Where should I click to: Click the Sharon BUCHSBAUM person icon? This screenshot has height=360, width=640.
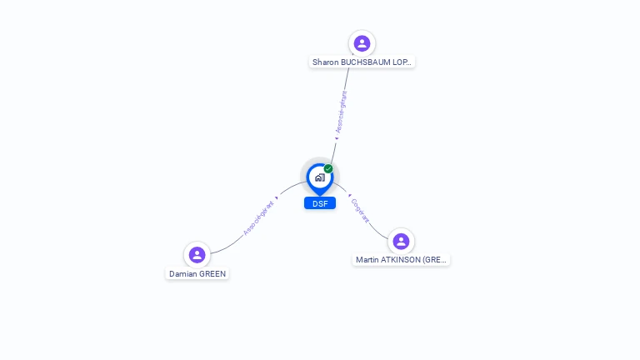coord(362,42)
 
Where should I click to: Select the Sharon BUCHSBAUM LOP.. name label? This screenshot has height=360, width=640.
coord(362,62)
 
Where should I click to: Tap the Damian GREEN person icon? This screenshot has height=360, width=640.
coord(197,254)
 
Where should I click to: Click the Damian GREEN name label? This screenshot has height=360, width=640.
coord(197,273)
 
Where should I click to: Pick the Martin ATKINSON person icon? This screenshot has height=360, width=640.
coord(401,241)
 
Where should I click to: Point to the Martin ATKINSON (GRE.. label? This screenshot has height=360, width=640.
coord(402,260)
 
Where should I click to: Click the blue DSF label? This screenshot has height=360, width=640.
coord(320,203)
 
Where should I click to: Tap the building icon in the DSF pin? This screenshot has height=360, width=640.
coord(319,177)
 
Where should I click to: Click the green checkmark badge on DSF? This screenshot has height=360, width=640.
coord(328,168)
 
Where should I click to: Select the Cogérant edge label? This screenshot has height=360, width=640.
coord(360,210)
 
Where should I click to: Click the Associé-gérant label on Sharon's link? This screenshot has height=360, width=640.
coord(341,112)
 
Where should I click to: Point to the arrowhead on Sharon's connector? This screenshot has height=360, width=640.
coord(336,139)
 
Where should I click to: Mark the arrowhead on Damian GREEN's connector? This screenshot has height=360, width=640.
coord(276,198)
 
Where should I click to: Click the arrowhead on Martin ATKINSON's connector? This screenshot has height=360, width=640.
coord(348,195)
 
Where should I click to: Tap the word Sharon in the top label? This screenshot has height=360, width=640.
coord(325,62)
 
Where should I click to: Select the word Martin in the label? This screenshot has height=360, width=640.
coord(367,260)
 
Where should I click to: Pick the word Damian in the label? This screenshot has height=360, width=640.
coord(182,273)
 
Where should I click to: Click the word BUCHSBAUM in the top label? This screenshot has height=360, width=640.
coord(365,62)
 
